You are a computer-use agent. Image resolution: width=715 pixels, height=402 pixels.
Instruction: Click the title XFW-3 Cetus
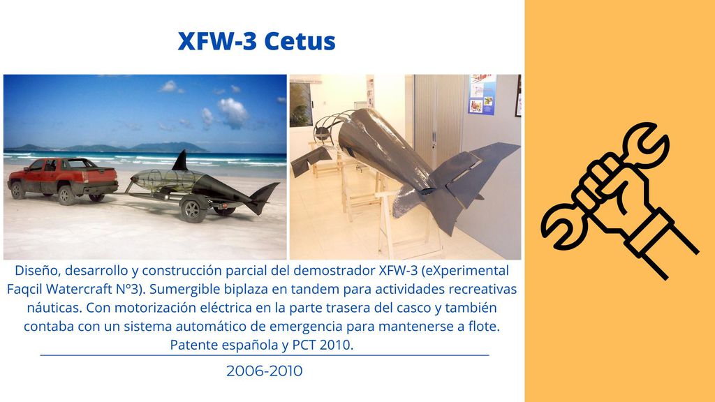(257, 41)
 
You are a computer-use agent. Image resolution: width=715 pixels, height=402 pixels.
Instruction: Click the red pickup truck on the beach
(63, 181)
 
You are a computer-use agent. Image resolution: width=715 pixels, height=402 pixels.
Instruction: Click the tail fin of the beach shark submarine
(265, 197)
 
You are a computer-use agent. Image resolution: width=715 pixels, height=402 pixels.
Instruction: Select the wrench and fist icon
(619, 200)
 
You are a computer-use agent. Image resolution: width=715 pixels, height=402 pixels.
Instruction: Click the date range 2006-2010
(265, 371)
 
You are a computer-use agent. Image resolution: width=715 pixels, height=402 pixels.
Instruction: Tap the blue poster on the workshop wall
(482, 95)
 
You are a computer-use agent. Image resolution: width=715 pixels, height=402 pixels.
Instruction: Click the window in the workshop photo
(301, 103)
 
